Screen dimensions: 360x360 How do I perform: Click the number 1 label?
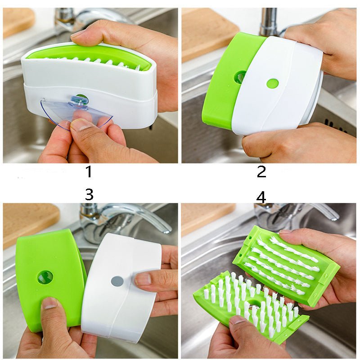tap(89, 171)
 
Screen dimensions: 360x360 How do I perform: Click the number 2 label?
tap(261, 171)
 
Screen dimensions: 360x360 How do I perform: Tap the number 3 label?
tap(89, 194)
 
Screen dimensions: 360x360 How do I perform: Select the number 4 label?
tap(261, 197)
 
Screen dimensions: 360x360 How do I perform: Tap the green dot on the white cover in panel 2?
tap(272, 83)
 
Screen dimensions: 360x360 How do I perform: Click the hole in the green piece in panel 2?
tap(240, 77)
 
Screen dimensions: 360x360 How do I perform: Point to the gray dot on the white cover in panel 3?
tap(117, 281)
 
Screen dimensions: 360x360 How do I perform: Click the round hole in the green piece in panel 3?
tap(45, 277)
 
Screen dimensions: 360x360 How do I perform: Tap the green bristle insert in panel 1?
tap(90, 56)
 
